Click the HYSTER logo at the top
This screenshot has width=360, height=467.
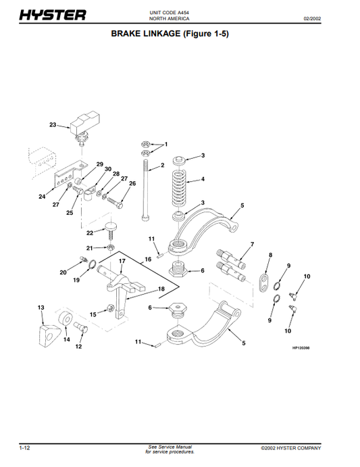[x=53, y=15]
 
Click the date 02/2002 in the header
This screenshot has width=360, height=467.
[x=312, y=18]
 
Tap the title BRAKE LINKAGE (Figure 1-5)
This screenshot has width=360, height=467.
[x=170, y=33]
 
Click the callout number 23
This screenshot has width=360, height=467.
[x=53, y=125]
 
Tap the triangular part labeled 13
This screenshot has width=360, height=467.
[x=48, y=336]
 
